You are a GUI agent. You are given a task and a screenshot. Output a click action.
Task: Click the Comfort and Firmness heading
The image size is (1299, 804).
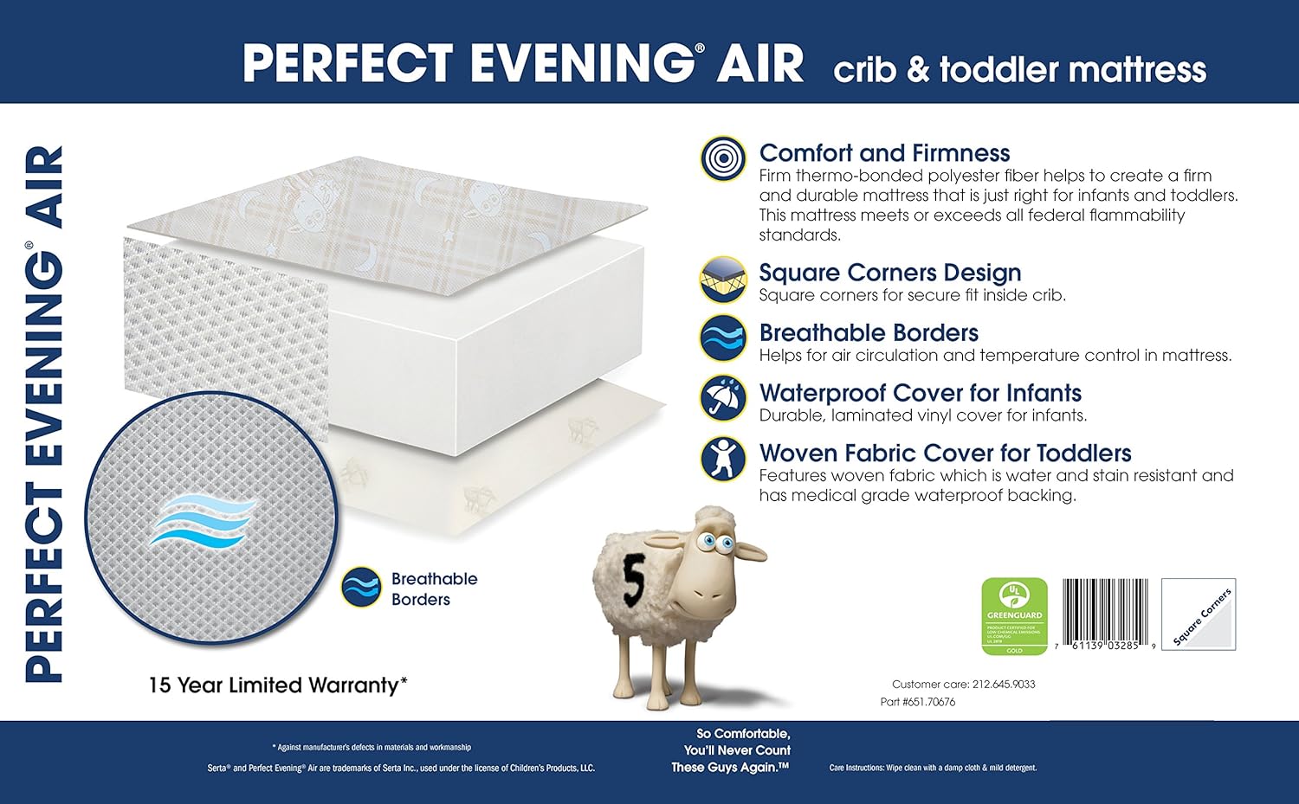[884, 153]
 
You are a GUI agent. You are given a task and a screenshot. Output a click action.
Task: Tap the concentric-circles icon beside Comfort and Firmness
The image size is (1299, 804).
[723, 158]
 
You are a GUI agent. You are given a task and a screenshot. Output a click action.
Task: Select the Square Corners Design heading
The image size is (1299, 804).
[889, 273]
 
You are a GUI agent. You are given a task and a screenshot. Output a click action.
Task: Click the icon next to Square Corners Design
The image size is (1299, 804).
[723, 280]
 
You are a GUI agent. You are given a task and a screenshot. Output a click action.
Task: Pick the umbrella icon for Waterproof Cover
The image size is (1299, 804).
[723, 398]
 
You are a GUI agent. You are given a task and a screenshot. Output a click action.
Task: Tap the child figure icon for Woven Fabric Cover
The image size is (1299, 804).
[723, 458]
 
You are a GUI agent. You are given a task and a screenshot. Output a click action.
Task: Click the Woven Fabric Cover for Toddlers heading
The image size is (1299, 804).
[945, 453]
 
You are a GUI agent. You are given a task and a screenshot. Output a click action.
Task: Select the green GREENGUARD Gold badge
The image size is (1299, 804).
[1014, 616]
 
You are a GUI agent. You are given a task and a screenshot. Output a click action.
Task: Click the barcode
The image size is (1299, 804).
[1106, 614]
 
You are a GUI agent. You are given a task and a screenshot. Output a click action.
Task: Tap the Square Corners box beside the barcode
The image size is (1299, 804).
[1199, 614]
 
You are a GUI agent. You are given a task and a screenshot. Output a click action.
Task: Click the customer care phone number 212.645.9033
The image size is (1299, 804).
[1003, 684]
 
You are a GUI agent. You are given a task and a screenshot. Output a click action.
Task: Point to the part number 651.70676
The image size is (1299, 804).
[928, 702]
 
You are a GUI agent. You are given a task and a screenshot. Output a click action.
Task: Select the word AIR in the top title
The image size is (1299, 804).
[759, 63]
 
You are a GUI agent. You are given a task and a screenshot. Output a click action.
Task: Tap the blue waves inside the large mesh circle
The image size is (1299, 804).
[203, 519]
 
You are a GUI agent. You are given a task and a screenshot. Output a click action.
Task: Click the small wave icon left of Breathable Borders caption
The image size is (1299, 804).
[361, 589]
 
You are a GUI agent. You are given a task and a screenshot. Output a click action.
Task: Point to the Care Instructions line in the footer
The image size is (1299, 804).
[933, 768]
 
